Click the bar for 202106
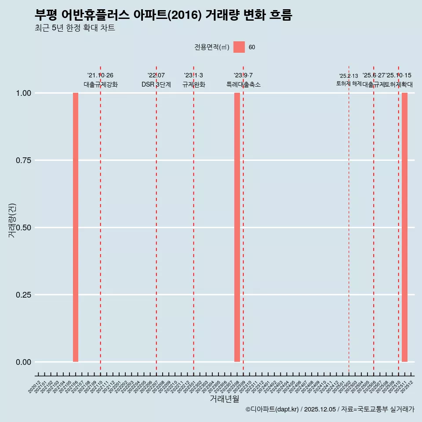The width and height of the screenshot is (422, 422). click(76, 227)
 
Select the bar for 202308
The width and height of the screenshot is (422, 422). click(237, 227)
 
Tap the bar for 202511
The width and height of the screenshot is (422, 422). click(404, 227)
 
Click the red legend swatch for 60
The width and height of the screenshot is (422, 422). click(239, 47)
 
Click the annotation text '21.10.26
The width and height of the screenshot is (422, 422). click(100, 76)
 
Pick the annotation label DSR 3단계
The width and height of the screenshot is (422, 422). click(156, 84)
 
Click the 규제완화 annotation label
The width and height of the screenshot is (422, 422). click(193, 84)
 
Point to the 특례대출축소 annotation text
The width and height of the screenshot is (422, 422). click(243, 84)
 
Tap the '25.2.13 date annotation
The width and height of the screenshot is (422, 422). click(349, 76)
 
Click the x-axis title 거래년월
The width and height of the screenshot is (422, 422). click(224, 399)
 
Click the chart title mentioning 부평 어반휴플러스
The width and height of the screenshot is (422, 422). click(163, 15)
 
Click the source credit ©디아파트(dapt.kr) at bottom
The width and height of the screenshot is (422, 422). click(330, 409)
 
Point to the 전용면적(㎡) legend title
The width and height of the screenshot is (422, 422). click(212, 47)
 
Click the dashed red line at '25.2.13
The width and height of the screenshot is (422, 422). click(349, 220)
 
